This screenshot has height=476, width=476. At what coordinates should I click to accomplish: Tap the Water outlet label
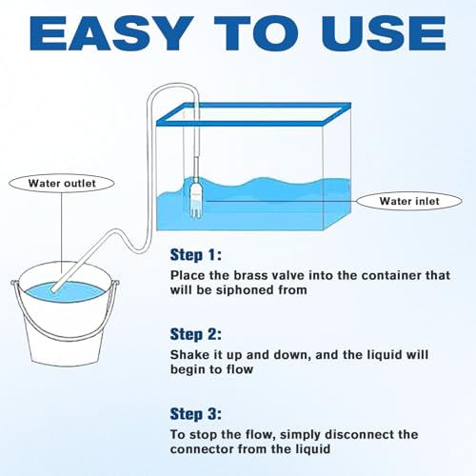tap(62, 183)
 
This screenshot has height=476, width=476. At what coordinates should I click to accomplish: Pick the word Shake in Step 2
tap(191, 354)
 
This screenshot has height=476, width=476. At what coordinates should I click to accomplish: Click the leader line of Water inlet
tap(286, 201)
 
